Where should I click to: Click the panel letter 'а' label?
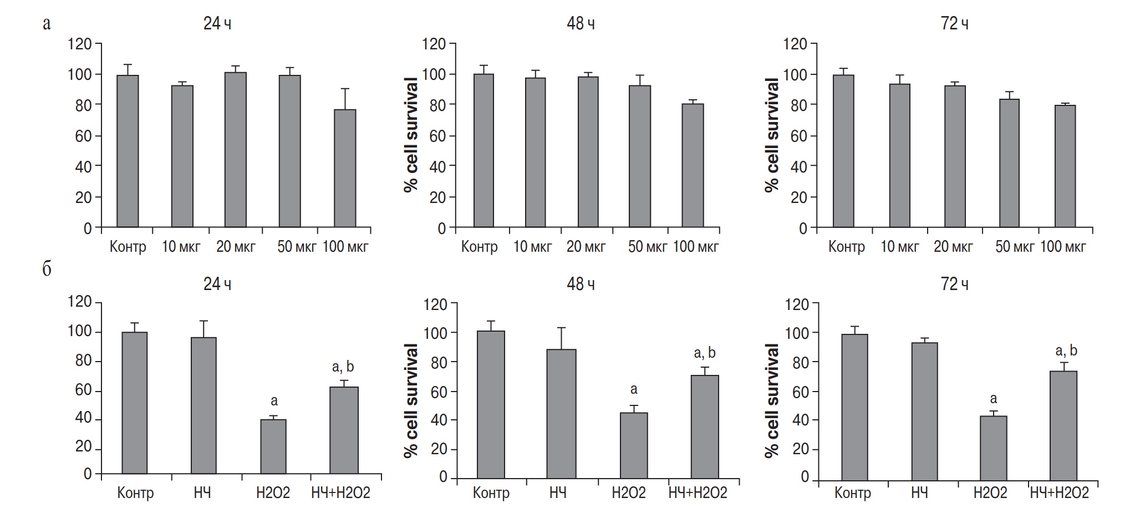click(47, 24)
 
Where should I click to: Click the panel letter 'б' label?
click(47, 270)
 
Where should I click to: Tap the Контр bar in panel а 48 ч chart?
click(484, 150)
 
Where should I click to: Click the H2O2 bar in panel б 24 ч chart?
click(273, 446)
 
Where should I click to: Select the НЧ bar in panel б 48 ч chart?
click(562, 414)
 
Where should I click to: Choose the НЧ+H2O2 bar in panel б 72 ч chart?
click(1063, 425)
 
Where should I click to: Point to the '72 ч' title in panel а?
click(954, 24)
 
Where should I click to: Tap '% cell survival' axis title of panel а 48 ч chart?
click(411, 135)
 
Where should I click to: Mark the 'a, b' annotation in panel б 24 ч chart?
click(343, 367)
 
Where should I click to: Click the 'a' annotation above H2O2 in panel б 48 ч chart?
click(633, 389)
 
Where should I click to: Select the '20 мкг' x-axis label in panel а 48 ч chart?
click(586, 246)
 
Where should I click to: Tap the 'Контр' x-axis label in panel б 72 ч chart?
click(853, 492)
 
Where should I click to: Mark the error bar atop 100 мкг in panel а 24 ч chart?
click(345, 98)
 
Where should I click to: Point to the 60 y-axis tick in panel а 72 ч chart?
click(798, 136)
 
